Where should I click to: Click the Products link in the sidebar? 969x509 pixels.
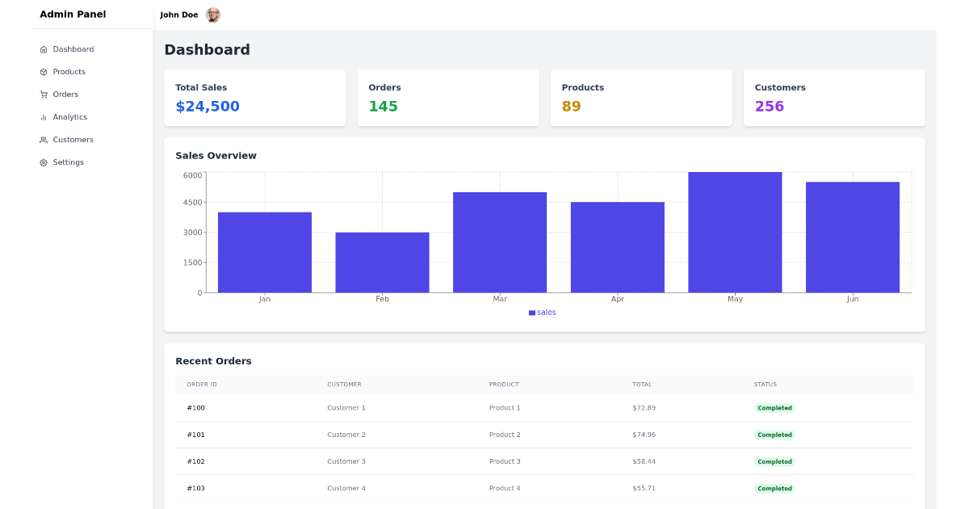69,72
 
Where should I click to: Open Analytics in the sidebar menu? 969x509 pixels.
69,117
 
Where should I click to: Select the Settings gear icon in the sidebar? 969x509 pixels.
44,162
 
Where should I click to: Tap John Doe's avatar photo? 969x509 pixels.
213,15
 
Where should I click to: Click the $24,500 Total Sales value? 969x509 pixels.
208,107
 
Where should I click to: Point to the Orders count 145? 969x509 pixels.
383,107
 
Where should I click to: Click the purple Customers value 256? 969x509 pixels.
769,107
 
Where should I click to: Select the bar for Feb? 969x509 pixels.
382,263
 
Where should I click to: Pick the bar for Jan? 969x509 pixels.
265,252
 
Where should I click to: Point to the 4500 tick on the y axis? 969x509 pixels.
192,203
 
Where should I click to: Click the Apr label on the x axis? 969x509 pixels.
618,299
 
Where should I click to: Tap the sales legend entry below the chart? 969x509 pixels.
543,313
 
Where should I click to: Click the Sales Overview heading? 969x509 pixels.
216,156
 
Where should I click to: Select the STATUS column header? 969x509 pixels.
765,385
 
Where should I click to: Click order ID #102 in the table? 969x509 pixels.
195,461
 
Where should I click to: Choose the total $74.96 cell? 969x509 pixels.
644,435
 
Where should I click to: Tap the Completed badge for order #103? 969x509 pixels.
774,489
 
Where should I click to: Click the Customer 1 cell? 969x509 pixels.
346,408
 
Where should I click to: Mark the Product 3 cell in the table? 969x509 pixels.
505,461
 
